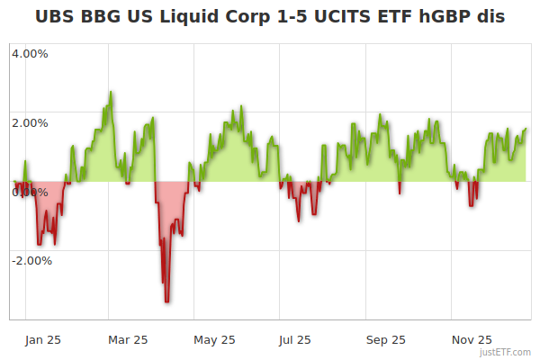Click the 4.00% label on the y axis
pos(30,53)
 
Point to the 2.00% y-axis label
pos(30,122)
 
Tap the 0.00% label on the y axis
pos(30,192)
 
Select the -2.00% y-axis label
pos(31,261)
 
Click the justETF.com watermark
pos(505,353)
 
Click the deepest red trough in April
pos(167,301)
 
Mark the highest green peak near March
pos(111,92)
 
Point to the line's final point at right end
pos(526,129)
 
